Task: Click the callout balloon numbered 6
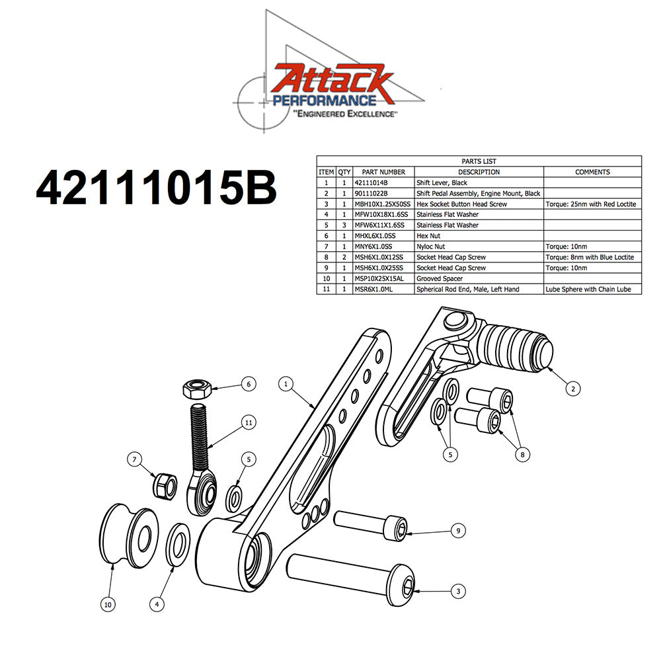click(x=248, y=384)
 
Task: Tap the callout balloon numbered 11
click(x=249, y=422)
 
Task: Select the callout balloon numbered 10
click(x=107, y=603)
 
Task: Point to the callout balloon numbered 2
click(x=572, y=389)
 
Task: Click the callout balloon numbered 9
click(x=455, y=530)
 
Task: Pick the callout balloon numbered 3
click(x=455, y=591)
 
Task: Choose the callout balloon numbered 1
click(x=286, y=383)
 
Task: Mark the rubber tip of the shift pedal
click(x=519, y=345)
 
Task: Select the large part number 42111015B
click(x=156, y=189)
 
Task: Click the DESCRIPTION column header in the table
click(x=479, y=172)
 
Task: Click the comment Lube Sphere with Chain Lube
click(x=588, y=290)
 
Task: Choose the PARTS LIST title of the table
click(x=479, y=161)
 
